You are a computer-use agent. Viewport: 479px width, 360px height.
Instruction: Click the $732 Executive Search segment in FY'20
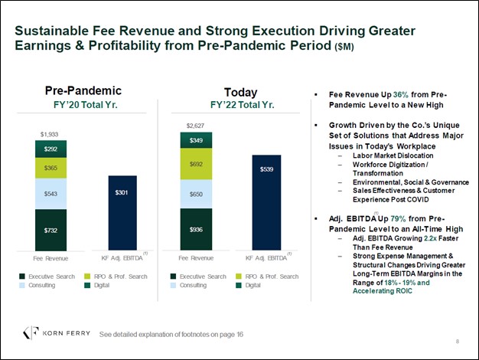pyautogui.click(x=51, y=229)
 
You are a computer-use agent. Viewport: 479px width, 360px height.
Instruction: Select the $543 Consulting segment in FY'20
pyautogui.click(x=51, y=194)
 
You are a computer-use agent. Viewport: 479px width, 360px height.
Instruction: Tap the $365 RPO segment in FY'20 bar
pyautogui.click(x=51, y=168)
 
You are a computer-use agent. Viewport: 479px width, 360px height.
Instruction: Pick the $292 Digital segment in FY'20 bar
pyautogui.click(x=51, y=149)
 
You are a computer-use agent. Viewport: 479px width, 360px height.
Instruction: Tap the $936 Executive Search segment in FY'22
pyautogui.click(x=196, y=228)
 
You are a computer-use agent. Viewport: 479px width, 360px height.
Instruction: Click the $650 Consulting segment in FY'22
pyautogui.click(x=196, y=194)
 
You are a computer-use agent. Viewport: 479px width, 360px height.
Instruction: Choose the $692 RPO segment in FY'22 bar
pyautogui.click(x=196, y=164)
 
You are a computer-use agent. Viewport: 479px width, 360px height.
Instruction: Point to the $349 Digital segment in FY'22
pyautogui.click(x=196, y=140)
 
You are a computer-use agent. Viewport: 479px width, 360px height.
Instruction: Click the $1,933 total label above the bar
pyautogui.click(x=50, y=134)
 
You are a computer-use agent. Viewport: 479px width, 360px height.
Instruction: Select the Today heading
pyautogui.click(x=240, y=92)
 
